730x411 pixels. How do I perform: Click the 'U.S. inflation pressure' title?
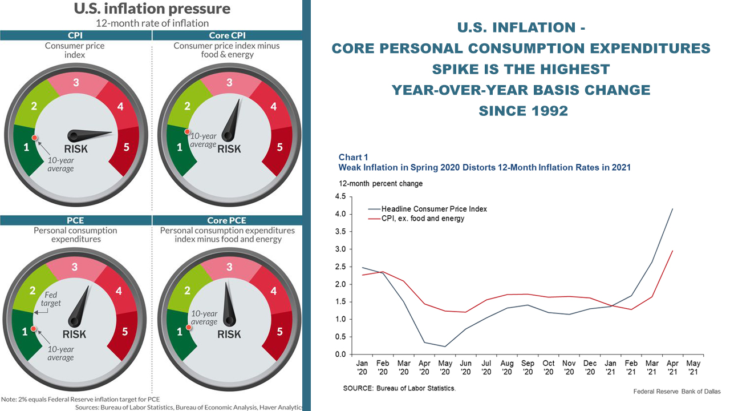[x=152, y=9]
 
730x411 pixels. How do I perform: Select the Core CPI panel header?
[x=227, y=35]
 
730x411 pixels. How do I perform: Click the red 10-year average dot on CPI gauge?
[x=35, y=138]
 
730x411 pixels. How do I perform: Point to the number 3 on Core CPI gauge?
[x=229, y=82]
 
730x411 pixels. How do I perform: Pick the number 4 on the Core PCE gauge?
[x=273, y=291]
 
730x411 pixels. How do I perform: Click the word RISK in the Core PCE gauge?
[x=229, y=334]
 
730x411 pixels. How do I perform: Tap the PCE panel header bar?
[x=75, y=220]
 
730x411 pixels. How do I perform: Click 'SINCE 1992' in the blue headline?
[x=523, y=111]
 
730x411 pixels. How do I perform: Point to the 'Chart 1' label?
[x=353, y=158]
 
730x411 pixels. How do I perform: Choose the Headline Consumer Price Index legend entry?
[x=434, y=209]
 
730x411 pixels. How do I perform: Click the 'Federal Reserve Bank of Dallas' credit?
[x=676, y=392]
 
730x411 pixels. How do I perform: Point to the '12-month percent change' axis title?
[x=380, y=184]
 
